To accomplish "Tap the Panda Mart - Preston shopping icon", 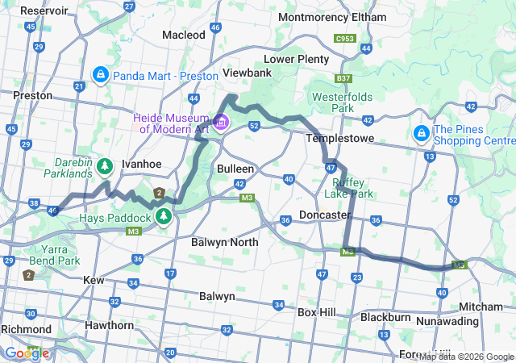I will pyautogui.click(x=101, y=75).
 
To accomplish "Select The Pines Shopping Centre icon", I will pyautogui.click(x=422, y=132).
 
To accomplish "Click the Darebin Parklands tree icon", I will pyautogui.click(x=105, y=166).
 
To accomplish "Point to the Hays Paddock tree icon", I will pyautogui.click(x=164, y=216).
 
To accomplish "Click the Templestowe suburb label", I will pyautogui.click(x=336, y=138).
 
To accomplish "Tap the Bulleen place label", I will pyautogui.click(x=235, y=169).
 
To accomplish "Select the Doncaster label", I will pyautogui.click(x=323, y=215).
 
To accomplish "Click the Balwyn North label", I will pyautogui.click(x=225, y=241).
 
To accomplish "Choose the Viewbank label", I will pyautogui.click(x=247, y=73).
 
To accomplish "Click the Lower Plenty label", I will pyautogui.click(x=297, y=59).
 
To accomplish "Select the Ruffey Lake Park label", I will pyautogui.click(x=349, y=188).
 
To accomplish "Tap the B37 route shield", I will pyautogui.click(x=344, y=78).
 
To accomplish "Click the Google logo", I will pyautogui.click(x=26, y=353).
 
